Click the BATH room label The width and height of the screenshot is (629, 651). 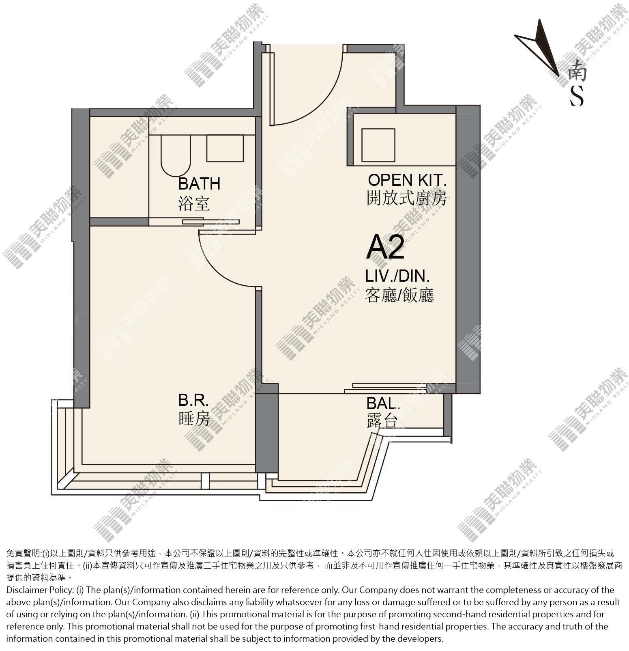199,183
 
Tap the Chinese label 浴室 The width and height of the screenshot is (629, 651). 194,203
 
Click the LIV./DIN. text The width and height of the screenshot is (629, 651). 397,276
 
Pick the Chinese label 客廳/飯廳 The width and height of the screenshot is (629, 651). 399,295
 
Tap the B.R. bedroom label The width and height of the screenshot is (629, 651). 193,401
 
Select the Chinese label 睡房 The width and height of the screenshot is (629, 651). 194,418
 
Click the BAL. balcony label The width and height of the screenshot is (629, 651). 383,403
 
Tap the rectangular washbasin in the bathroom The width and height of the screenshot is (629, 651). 225,148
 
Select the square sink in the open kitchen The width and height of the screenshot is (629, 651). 378,145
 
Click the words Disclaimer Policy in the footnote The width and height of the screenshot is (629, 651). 40,590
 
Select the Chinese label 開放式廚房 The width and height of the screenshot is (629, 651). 407,198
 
